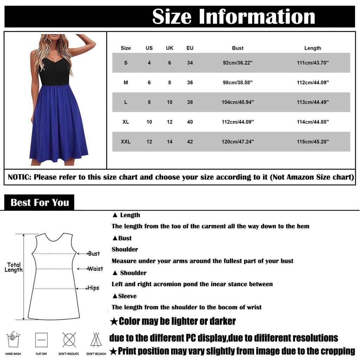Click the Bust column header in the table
pyautogui.click(x=238, y=48)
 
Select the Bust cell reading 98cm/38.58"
pyautogui.click(x=238, y=83)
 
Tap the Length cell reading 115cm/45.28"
pyautogui.click(x=313, y=142)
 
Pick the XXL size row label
pyautogui.click(x=126, y=142)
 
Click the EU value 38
pyautogui.click(x=190, y=102)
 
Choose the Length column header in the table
pyautogui.click(x=313, y=48)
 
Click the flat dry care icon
pyautogui.click(x=41, y=340)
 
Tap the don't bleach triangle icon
pyautogui.click(x=96, y=340)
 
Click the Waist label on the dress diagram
pyautogui.click(x=95, y=269)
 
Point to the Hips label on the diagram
pyautogui.click(x=93, y=288)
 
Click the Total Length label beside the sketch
pyautogui.click(x=14, y=267)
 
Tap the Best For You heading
pyautogui.click(x=39, y=202)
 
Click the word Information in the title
pyautogui.click(x=257, y=17)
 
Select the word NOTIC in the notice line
pyautogui.click(x=19, y=177)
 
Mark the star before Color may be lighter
pyautogui.click(x=114, y=321)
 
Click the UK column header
pyautogui.click(x=169, y=48)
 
